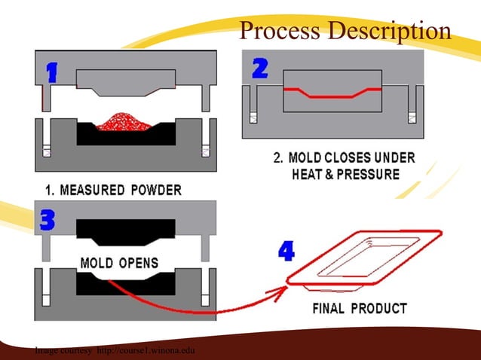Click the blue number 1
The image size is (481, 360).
pyautogui.click(x=52, y=72)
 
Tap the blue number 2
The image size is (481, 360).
pyautogui.click(x=259, y=69)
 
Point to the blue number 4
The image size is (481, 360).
pyautogui.click(x=286, y=252)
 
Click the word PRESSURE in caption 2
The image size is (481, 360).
pyautogui.click(x=370, y=174)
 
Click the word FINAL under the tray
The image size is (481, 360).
pyautogui.click(x=332, y=309)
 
